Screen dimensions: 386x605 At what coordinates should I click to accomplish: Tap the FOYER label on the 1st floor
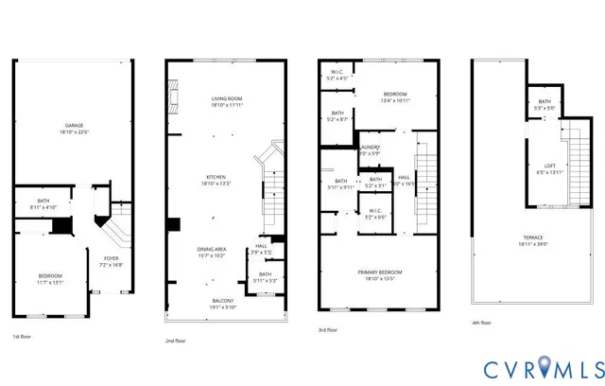pyautogui.click(x=111, y=258)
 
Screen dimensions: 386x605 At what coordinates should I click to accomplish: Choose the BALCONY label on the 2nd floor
pyautogui.click(x=225, y=301)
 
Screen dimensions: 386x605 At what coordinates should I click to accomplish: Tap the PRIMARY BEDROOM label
pyautogui.click(x=381, y=272)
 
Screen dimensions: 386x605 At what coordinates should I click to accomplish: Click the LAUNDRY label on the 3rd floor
pyautogui.click(x=371, y=148)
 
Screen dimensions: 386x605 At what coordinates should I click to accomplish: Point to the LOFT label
pyautogui.click(x=549, y=166)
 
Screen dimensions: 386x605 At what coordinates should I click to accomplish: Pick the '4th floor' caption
pyautogui.click(x=482, y=323)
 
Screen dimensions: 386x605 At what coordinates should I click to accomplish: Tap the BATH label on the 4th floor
pyautogui.click(x=544, y=101)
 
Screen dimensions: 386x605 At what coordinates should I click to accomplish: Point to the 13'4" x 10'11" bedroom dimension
pyautogui.click(x=395, y=100)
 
